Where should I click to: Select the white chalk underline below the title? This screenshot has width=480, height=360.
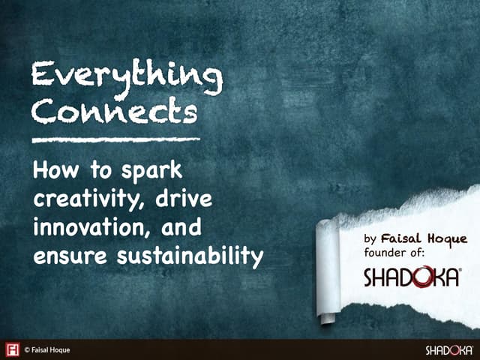click(x=116, y=139)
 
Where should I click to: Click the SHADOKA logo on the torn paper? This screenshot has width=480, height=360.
click(x=412, y=278)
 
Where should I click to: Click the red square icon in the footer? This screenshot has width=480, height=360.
click(x=13, y=349)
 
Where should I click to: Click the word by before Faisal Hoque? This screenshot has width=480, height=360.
click(x=370, y=239)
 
